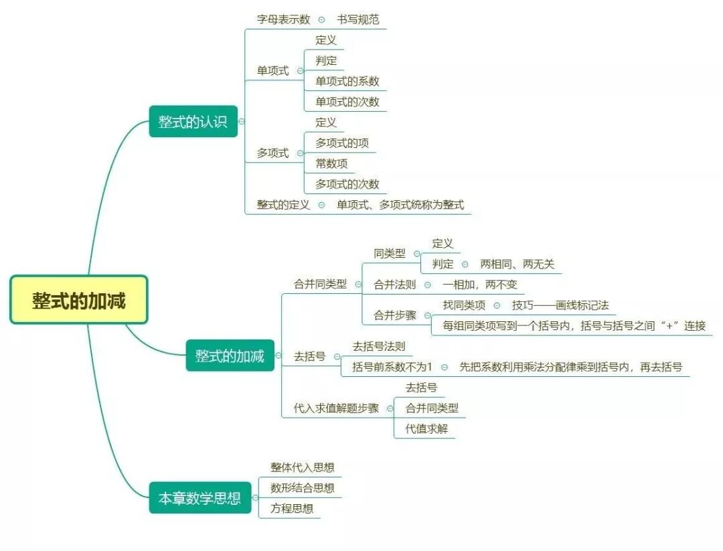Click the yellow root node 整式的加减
[78, 301]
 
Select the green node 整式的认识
[193, 122]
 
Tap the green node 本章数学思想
[199, 498]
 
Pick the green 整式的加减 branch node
[230, 356]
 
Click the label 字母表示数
[283, 19]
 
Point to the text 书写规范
[357, 19]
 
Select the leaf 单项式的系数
[347, 81]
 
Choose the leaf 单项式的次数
[347, 102]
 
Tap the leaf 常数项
[331, 163]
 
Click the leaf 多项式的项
[341, 143]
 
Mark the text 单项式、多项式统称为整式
[400, 205]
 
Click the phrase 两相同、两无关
[517, 264]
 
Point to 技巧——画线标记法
[560, 305]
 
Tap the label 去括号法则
[378, 346]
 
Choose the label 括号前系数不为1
[392, 367]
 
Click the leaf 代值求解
[426, 428]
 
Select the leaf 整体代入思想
[302, 467]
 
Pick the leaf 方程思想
[291, 508]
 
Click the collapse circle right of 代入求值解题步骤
[390, 408]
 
